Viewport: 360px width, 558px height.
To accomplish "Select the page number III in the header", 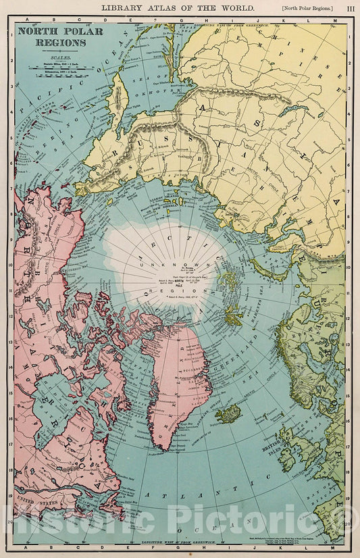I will click(x=350, y=7).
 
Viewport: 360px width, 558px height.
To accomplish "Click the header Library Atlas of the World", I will click(x=178, y=7).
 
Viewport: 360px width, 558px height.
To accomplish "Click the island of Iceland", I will click(x=228, y=413).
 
